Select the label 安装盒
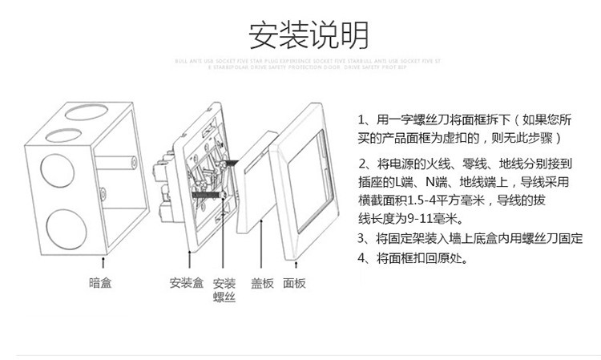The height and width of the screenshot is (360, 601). coord(186,283)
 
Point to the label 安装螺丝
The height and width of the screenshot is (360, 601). coord(224,289)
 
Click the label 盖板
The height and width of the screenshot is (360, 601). coord(262,283)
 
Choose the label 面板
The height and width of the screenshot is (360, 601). coord(294,283)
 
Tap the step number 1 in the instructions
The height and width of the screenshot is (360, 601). coord(362,119)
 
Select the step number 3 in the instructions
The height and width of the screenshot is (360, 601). coord(361,238)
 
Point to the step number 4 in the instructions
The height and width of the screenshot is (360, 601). coord(361,257)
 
